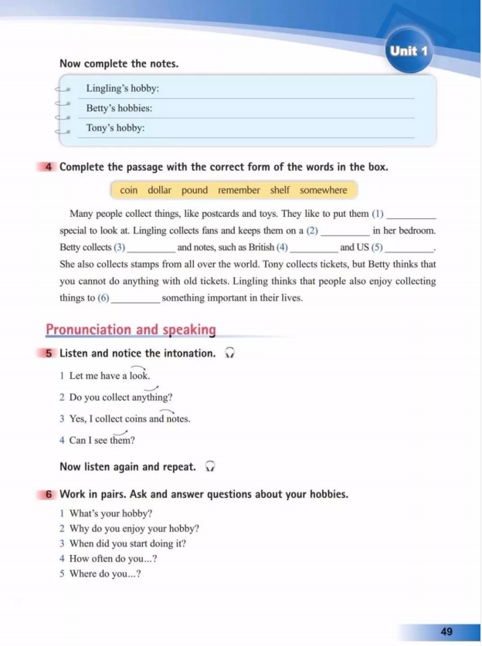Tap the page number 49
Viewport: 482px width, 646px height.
[446, 631]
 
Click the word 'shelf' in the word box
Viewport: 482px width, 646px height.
[280, 190]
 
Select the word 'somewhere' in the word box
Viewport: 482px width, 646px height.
[324, 190]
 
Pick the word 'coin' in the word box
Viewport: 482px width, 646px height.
[129, 190]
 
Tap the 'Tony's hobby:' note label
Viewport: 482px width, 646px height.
[115, 128]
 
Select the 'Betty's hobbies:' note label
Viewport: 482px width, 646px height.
[119, 109]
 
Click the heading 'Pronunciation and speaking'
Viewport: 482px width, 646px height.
[131, 330]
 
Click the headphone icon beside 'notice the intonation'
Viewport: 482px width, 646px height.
[229, 353]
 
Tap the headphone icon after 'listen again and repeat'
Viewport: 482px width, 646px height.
[210, 467]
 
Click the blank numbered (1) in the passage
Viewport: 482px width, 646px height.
[410, 215]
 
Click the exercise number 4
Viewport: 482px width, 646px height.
[49, 167]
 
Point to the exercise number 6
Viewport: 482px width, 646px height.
[49, 494]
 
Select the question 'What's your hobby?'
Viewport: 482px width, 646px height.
[110, 513]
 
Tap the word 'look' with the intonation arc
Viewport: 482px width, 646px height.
[139, 376]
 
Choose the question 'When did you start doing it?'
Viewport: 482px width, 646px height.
[127, 543]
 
